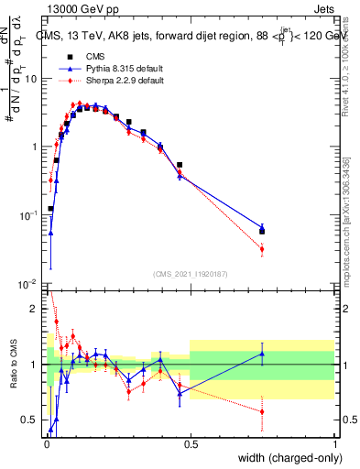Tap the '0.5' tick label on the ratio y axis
pyautogui.click(x=33, y=420)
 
